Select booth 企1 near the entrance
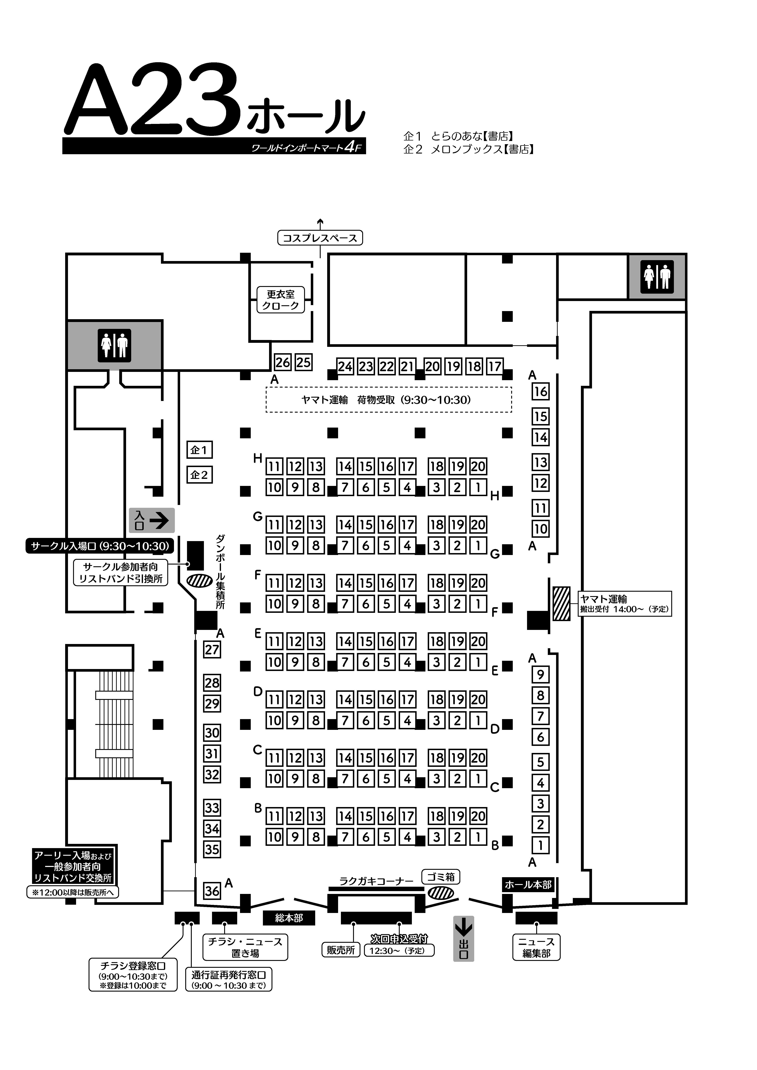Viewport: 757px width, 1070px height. [199, 450]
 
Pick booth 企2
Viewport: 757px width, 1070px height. [199, 475]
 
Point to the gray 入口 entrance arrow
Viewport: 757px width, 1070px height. [152, 520]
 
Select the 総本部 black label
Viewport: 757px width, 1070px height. [289, 918]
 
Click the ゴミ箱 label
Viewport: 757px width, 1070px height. [441, 877]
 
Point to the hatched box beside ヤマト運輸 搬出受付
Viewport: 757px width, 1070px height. [561, 604]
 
